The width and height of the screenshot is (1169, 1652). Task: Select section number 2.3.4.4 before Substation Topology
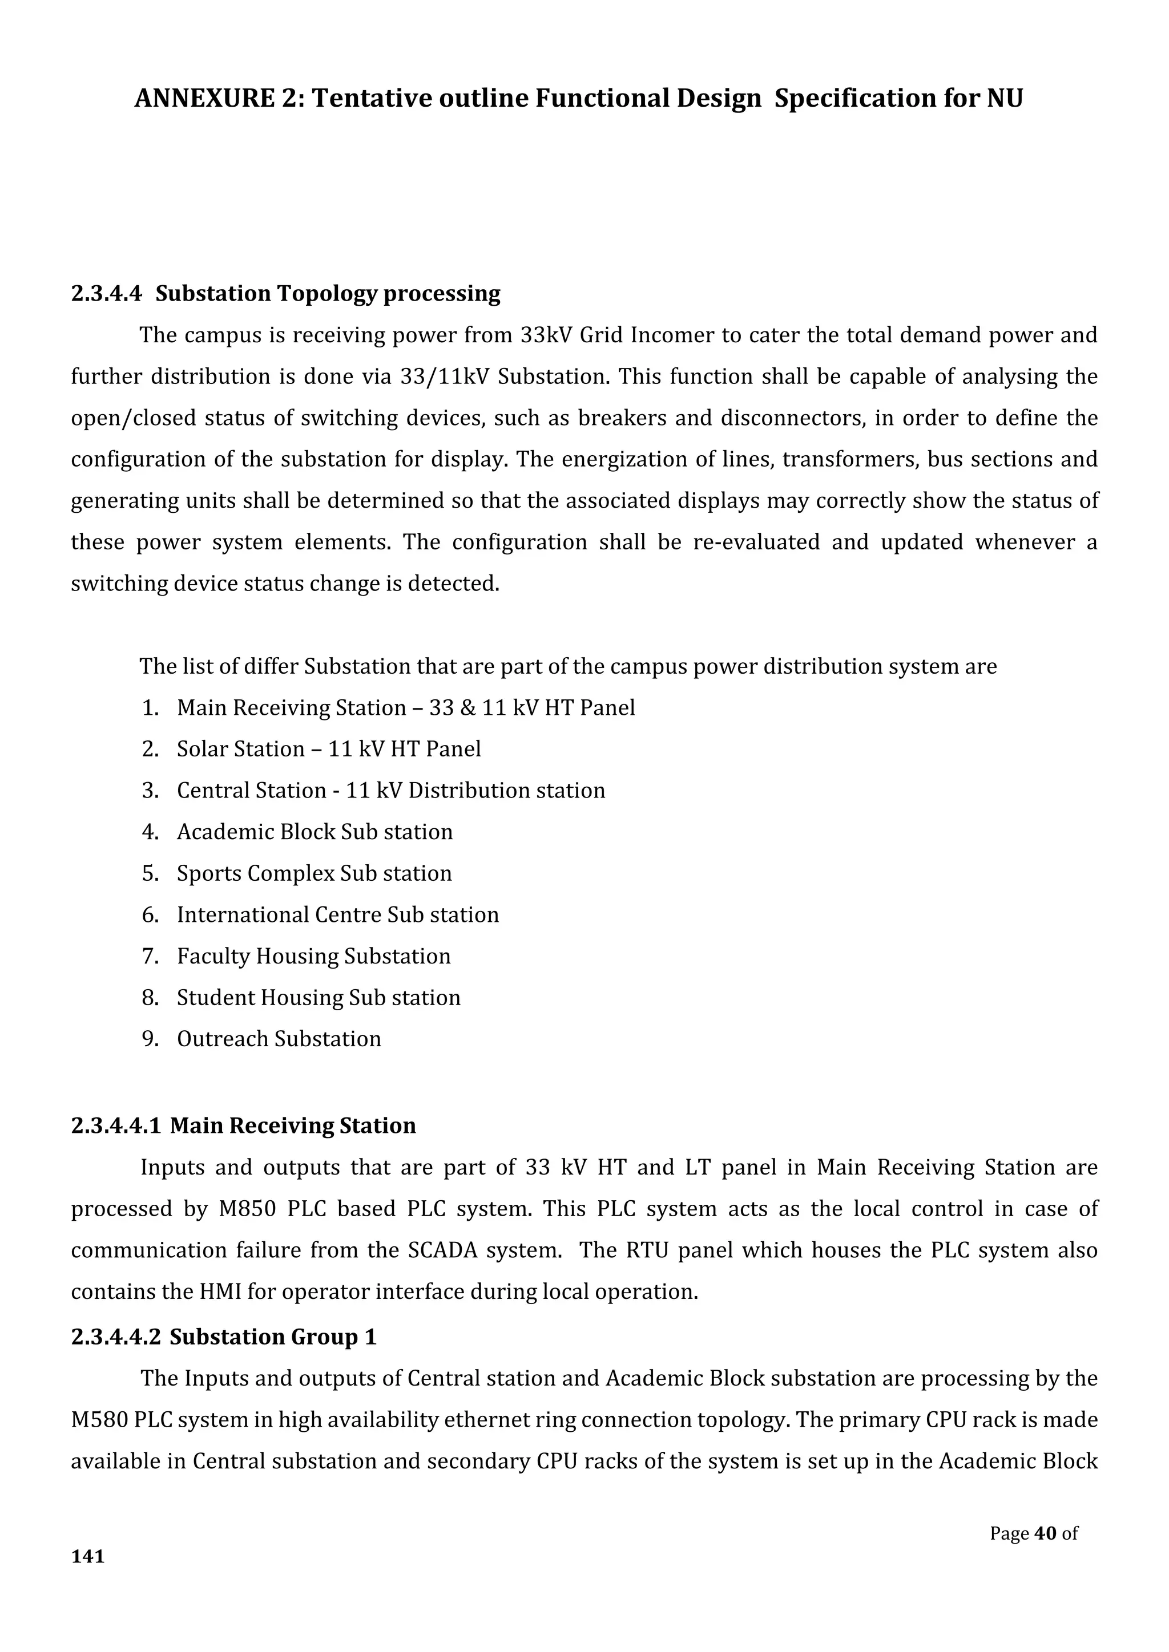click(107, 294)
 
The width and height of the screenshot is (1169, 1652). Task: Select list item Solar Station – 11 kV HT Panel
click(328, 749)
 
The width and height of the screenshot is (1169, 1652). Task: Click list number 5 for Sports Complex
click(150, 873)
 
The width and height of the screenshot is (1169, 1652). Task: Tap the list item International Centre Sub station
click(337, 914)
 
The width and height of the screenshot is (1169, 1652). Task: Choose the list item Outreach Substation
click(279, 1039)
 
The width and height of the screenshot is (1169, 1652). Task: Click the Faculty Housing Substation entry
click(313, 956)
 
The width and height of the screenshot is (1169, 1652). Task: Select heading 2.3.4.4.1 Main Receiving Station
click(243, 1125)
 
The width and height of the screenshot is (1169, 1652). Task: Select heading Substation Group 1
click(273, 1337)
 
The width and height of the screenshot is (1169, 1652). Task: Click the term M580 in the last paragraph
click(99, 1420)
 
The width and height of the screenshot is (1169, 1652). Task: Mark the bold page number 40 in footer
click(1045, 1533)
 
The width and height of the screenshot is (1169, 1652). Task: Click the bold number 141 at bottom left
click(88, 1556)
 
